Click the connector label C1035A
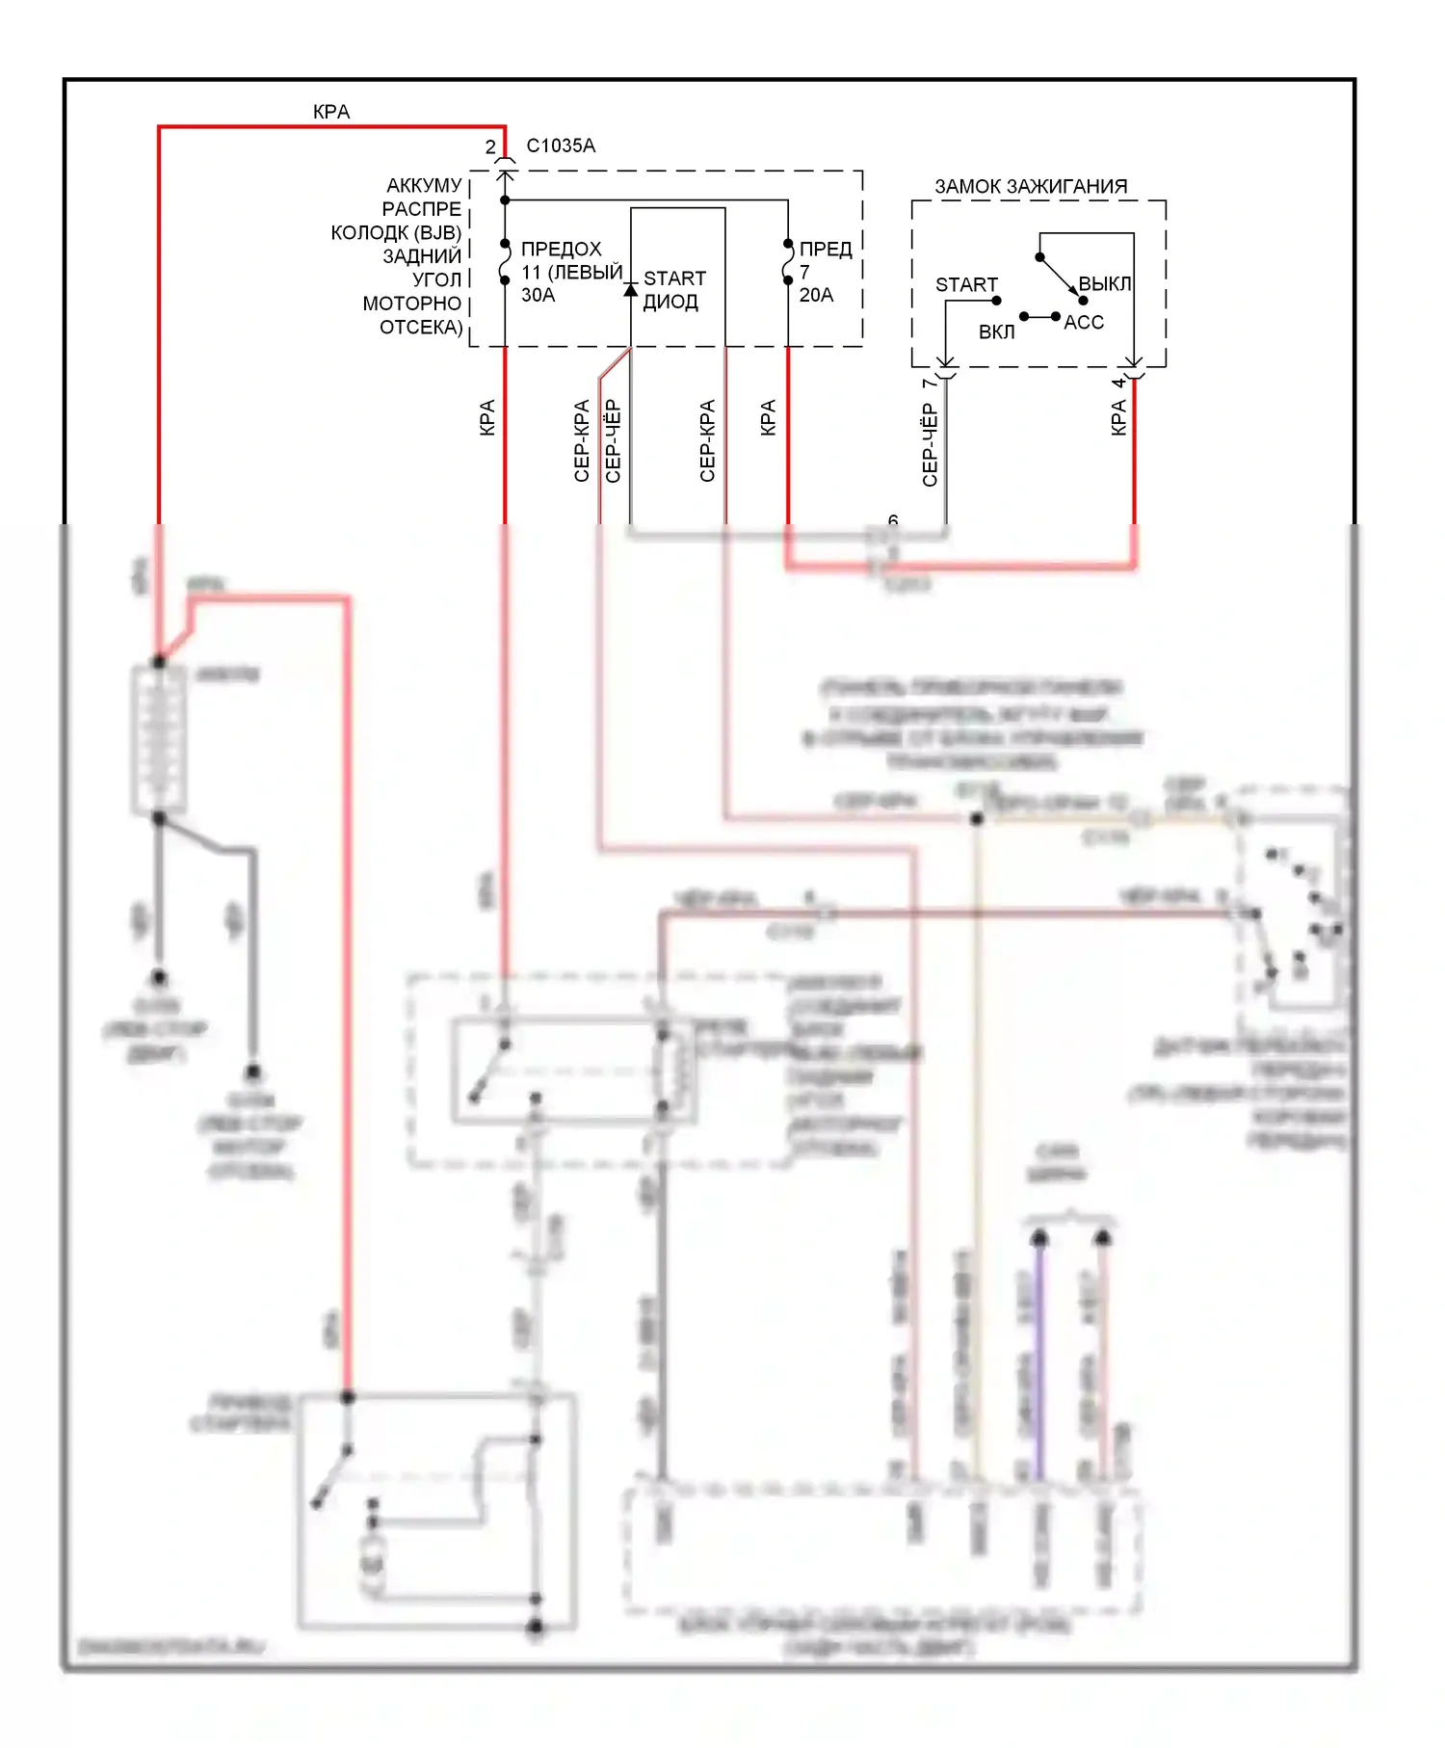click(561, 146)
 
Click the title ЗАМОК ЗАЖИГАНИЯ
click(1031, 186)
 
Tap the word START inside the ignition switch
click(966, 284)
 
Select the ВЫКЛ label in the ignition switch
click(1105, 283)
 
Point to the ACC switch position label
click(1084, 322)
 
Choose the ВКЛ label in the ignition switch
click(997, 331)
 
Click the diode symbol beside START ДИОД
click(631, 289)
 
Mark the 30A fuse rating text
click(539, 295)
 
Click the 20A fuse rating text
click(816, 295)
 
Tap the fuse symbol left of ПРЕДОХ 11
click(505, 262)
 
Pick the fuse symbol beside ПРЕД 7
click(788, 262)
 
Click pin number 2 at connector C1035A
click(490, 146)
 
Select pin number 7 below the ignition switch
click(929, 384)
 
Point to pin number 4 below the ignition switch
click(1118, 384)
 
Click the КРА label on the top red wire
click(331, 112)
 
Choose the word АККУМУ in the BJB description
click(424, 185)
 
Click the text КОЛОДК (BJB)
click(396, 232)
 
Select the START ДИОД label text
click(673, 289)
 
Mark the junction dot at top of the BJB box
click(505, 200)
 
